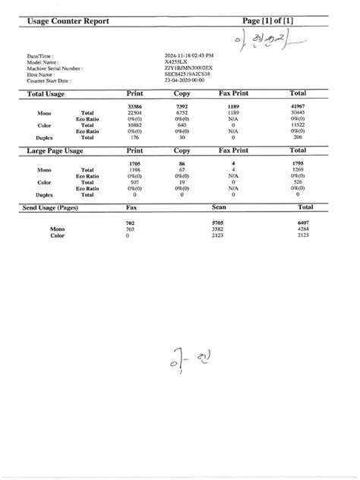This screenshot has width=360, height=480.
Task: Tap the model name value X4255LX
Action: point(178,62)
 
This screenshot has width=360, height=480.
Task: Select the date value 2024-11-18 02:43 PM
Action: point(188,55)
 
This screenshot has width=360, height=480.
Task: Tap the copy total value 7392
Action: point(181,106)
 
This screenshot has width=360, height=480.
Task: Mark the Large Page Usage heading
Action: point(55,151)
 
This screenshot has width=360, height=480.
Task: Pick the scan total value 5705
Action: point(217,222)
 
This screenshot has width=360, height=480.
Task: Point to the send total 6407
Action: point(302,222)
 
